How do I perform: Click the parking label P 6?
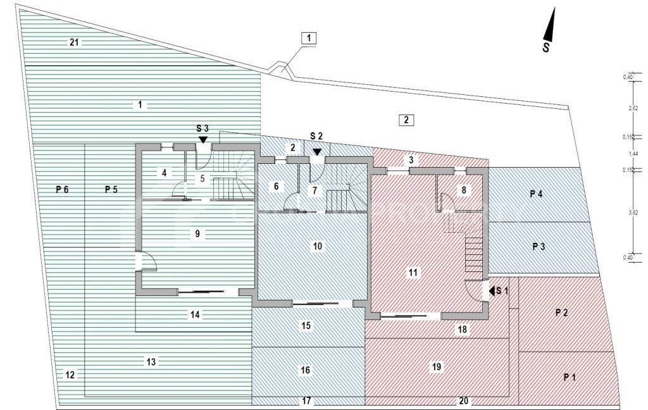click(61, 189)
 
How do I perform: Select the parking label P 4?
click(536, 194)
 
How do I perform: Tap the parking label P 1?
click(570, 377)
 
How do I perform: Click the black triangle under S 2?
click(316, 151)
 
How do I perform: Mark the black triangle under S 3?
click(202, 139)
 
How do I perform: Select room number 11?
click(413, 273)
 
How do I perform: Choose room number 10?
click(318, 245)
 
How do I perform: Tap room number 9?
click(197, 233)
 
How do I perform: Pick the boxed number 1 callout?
click(308, 39)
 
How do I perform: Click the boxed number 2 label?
click(406, 119)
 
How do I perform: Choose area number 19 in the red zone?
click(436, 366)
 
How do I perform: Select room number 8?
click(464, 189)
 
